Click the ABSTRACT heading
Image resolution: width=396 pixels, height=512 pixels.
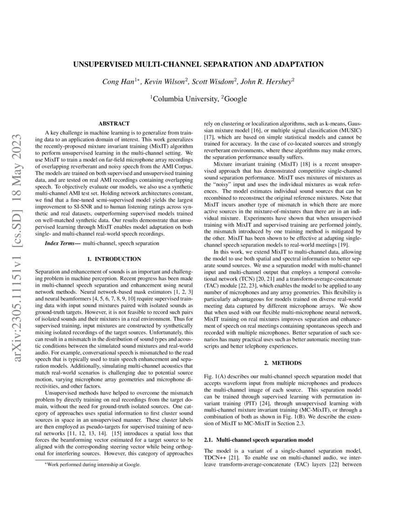click(x=114, y=124)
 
